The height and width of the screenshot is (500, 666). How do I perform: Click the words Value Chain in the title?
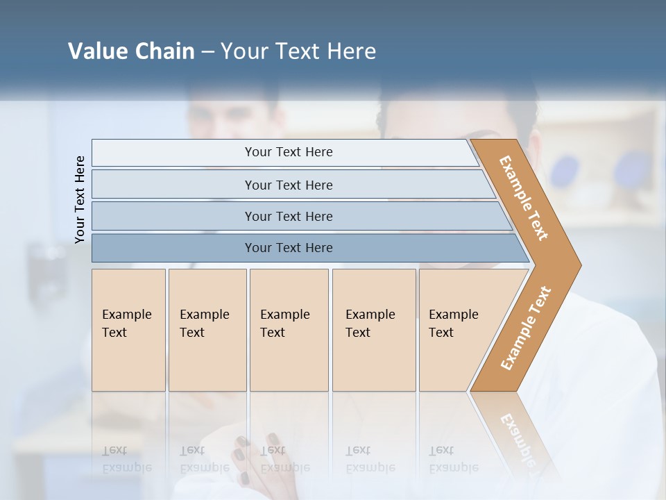tap(131, 51)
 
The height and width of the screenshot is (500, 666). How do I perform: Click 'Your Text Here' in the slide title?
tap(298, 51)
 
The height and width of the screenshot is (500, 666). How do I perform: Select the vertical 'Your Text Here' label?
tap(80, 199)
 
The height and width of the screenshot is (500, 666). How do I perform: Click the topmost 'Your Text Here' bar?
tap(288, 152)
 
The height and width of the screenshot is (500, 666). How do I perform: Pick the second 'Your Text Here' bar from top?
tap(288, 185)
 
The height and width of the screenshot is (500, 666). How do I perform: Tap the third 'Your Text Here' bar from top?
tap(288, 216)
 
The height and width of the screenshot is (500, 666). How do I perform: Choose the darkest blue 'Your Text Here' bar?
tap(288, 248)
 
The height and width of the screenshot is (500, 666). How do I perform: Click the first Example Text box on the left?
tap(128, 330)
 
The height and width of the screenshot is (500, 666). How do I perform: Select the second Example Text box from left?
tap(207, 330)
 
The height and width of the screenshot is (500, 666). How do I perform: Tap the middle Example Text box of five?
tap(289, 330)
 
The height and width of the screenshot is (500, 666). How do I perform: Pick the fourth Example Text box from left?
tap(374, 330)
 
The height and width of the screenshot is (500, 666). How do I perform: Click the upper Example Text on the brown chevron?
tap(524, 198)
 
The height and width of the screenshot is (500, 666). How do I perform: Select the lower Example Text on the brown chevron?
tap(525, 328)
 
